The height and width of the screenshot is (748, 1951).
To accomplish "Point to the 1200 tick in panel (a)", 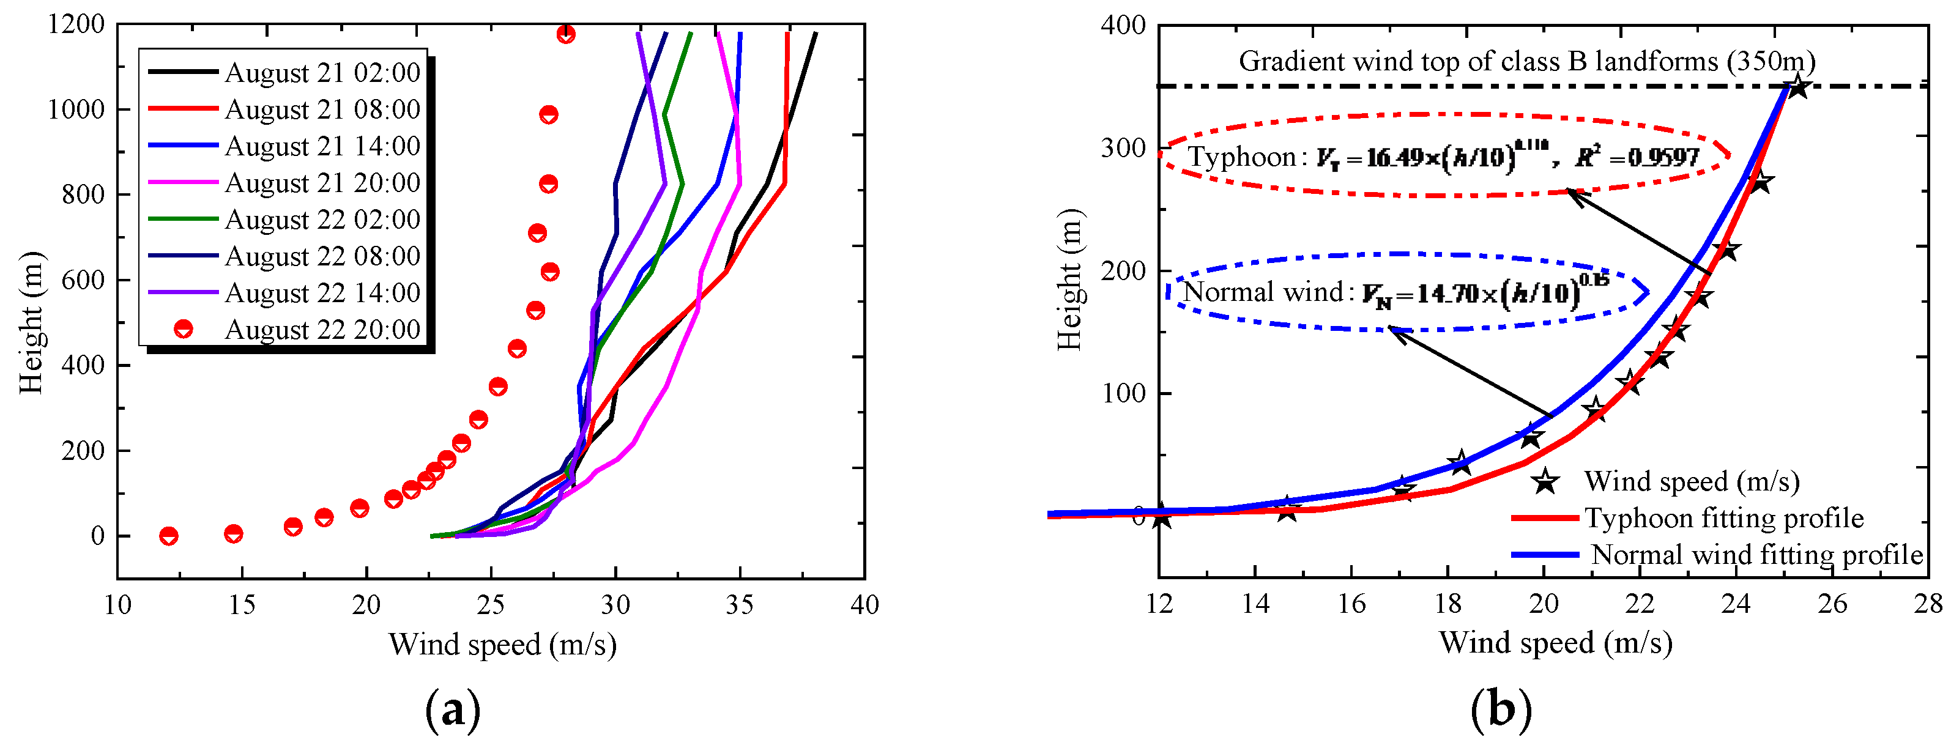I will click(76, 24).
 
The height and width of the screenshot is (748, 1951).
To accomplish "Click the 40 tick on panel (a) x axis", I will click(864, 605).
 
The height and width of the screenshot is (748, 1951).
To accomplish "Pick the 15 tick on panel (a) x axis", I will click(242, 605).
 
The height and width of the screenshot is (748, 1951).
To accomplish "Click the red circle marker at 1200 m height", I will click(566, 34).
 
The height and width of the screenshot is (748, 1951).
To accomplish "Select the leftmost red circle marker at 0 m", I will click(169, 536).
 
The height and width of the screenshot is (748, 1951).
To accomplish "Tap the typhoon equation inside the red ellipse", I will click(1443, 157).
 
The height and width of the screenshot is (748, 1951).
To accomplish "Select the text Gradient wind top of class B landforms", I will click(1526, 61).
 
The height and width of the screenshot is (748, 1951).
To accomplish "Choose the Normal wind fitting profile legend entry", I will click(1756, 555).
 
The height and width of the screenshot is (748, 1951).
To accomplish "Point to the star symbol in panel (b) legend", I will click(1545, 481).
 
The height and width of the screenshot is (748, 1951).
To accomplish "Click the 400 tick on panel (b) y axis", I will click(1123, 25).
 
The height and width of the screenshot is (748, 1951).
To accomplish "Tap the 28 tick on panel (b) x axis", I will click(1928, 604).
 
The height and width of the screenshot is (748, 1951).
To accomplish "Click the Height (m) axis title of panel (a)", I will click(32, 322).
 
